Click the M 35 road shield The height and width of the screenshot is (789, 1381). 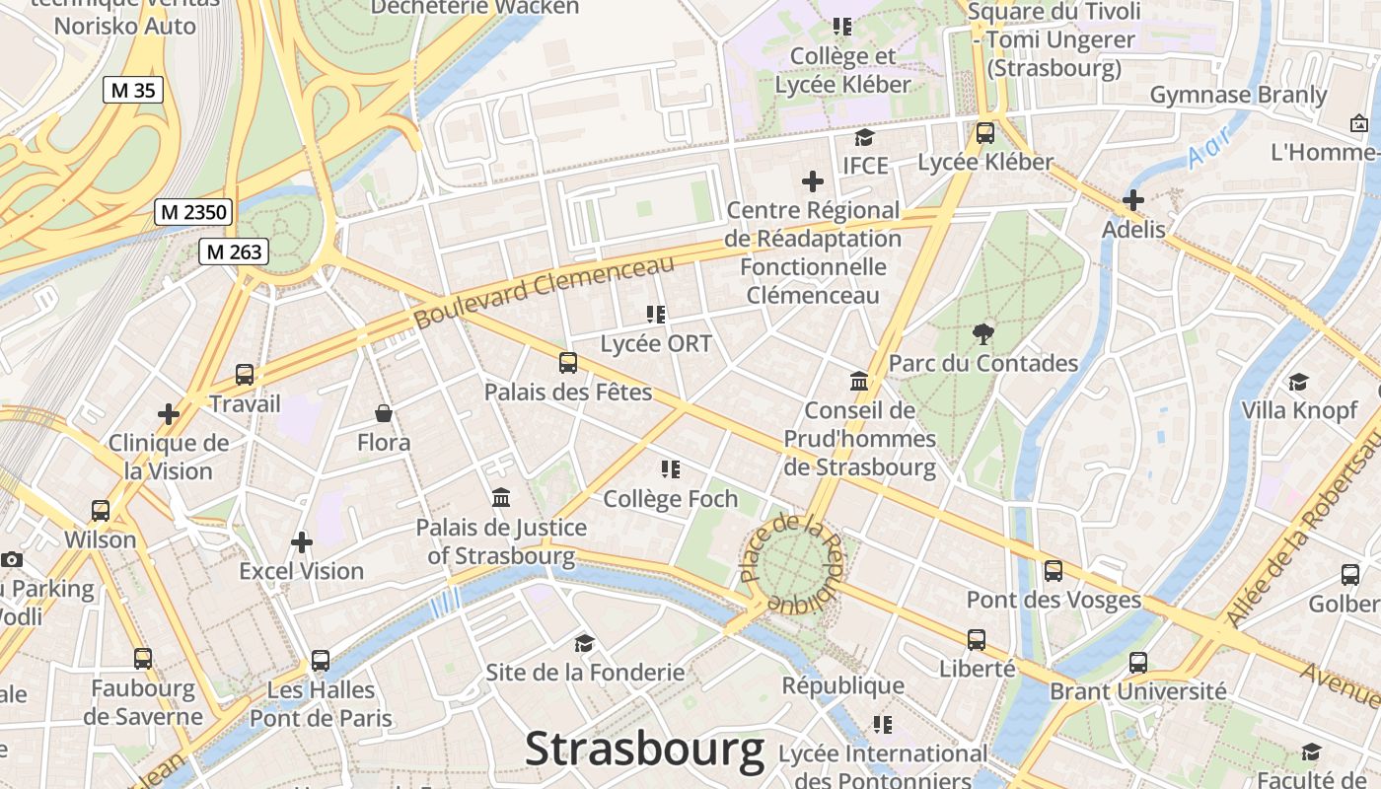pos(133,90)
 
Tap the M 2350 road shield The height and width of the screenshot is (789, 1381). pos(194,212)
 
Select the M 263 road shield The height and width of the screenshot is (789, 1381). pos(234,251)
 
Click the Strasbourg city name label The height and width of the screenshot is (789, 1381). pos(644,750)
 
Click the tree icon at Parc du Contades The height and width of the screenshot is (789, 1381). pos(982,334)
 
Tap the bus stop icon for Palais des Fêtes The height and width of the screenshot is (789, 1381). pos(568,363)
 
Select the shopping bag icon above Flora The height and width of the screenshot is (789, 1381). pos(384,413)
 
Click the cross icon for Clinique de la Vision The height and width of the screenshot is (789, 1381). pos(169,414)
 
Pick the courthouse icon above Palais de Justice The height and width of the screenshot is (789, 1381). pos(501,498)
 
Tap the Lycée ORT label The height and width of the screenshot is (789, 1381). pos(656,344)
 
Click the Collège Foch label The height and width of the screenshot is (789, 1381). pos(671,499)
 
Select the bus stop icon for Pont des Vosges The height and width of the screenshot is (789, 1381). pos(1054,571)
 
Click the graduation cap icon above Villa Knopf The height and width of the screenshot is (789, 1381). pos(1299,382)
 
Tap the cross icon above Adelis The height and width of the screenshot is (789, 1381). pos(1133,200)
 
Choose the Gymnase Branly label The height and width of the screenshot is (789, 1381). pos(1238,95)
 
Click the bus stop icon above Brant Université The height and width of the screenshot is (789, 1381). pos(1138,662)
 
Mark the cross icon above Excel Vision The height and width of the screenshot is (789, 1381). pos(302,541)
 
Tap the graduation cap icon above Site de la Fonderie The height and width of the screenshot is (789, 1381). pos(585,644)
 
